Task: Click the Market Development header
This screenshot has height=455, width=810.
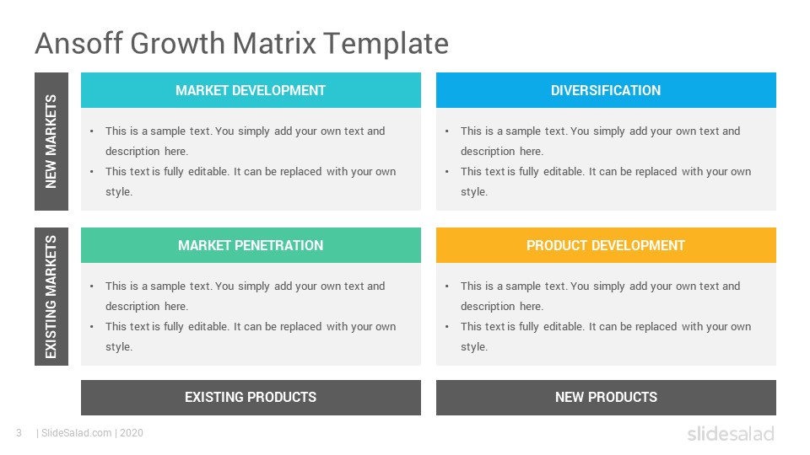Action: [x=251, y=90]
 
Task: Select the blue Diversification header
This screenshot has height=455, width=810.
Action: [x=606, y=90]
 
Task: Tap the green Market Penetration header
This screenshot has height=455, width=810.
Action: [x=251, y=245]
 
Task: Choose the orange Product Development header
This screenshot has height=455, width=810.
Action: [x=606, y=245]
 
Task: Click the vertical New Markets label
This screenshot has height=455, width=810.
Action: [x=51, y=142]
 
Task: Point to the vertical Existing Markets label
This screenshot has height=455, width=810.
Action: [x=51, y=297]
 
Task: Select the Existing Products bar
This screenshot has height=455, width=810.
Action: [x=251, y=398]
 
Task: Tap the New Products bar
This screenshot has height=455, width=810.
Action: [x=606, y=398]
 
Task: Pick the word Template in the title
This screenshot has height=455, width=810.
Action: [x=386, y=43]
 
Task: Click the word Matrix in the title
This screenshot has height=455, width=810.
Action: [x=273, y=43]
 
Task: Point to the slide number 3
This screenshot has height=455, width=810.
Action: [x=19, y=433]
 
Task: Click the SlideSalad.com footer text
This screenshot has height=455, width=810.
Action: [x=77, y=433]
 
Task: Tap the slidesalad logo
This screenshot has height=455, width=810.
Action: [x=731, y=433]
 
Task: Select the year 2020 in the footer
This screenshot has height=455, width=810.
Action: [x=132, y=433]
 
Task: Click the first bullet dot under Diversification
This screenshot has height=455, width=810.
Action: [x=447, y=131]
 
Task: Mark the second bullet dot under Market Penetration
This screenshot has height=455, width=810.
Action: [x=91, y=327]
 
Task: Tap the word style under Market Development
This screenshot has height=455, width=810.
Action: [x=119, y=192]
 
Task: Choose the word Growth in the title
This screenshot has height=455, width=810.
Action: [x=178, y=43]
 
